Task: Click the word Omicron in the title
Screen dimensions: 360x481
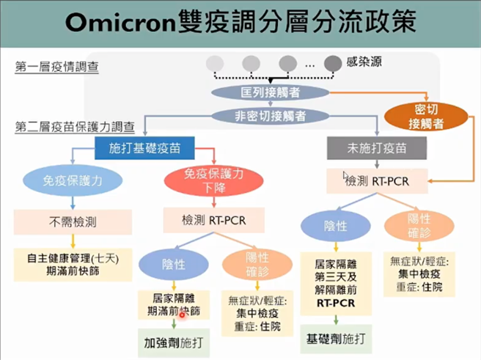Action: (x=119, y=21)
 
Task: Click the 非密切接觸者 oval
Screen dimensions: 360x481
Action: (x=259, y=115)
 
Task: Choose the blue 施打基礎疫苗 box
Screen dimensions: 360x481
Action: (x=144, y=149)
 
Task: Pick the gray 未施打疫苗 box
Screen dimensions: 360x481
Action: (x=377, y=148)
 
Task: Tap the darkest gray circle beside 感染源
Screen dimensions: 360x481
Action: (x=332, y=63)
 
